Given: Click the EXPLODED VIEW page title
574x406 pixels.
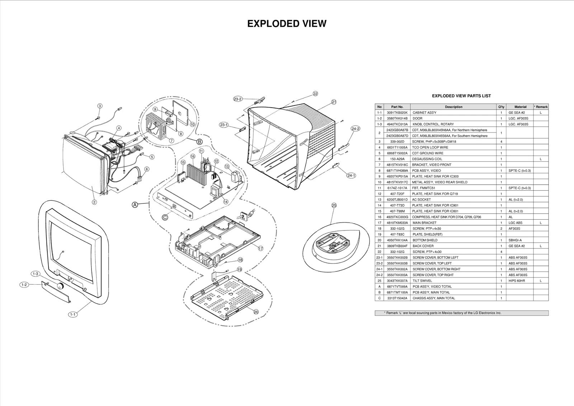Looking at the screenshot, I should pyautogui.click(x=287, y=24).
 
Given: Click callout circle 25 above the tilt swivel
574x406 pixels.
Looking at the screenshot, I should pyautogui.click(x=334, y=205).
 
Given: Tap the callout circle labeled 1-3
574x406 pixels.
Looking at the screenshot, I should pyautogui.click(x=35, y=274).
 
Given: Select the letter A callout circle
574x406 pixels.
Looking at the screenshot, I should pyautogui.click(x=135, y=205).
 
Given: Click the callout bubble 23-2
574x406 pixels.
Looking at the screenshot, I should pyautogui.click(x=238, y=99).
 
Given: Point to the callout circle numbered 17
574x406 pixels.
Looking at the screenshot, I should pyautogui.click(x=261, y=248).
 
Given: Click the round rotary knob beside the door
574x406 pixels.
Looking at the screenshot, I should pyautogui.click(x=60, y=286).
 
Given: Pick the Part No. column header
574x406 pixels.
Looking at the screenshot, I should pyautogui.click(x=397, y=107).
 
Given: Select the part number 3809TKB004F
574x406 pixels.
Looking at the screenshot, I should pyautogui.click(x=397, y=246).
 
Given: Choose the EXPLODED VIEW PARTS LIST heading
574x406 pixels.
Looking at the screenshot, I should pyautogui.click(x=461, y=96).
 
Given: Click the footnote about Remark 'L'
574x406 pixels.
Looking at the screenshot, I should pyautogui.click(x=461, y=313).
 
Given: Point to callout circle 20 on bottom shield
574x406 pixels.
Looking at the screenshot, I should pyautogui.click(x=256, y=312).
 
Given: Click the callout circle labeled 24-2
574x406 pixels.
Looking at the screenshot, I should pyautogui.click(x=356, y=129).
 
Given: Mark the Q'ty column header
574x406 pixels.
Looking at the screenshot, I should pyautogui.click(x=501, y=107).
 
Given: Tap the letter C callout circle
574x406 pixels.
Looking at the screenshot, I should pyautogui.click(x=165, y=217).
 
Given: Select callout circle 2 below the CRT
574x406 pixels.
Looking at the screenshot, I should pyautogui.click(x=94, y=202).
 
